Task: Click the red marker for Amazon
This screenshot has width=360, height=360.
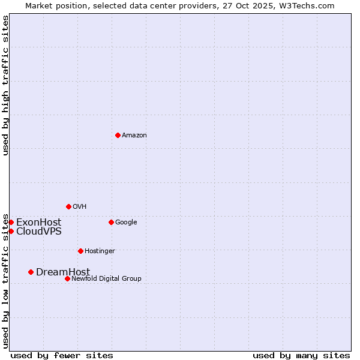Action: tap(118, 135)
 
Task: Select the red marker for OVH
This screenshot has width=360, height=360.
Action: tap(68, 206)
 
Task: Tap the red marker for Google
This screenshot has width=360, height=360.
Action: tap(111, 222)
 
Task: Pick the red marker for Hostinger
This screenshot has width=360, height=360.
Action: tap(80, 251)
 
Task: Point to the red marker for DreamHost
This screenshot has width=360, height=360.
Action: tap(31, 272)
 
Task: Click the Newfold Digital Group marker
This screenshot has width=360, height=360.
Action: tap(67, 278)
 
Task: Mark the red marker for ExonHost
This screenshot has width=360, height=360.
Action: tap(11, 222)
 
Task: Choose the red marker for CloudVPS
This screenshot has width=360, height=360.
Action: tap(11, 231)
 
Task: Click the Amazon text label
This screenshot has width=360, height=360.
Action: tap(134, 136)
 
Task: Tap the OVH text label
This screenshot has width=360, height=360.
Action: tap(80, 207)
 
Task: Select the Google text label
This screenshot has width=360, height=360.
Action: tap(126, 223)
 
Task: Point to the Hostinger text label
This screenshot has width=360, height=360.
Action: tap(100, 251)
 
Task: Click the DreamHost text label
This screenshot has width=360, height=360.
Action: tap(63, 272)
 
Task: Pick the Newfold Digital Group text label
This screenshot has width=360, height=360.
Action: tap(106, 279)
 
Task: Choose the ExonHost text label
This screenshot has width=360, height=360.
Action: tap(38, 223)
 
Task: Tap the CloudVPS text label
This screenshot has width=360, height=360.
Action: tap(38, 232)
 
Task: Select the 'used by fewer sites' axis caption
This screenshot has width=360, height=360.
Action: tap(62, 356)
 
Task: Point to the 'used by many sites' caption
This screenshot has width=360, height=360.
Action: tap(301, 356)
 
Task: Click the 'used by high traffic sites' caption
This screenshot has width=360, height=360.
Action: tap(6, 85)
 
